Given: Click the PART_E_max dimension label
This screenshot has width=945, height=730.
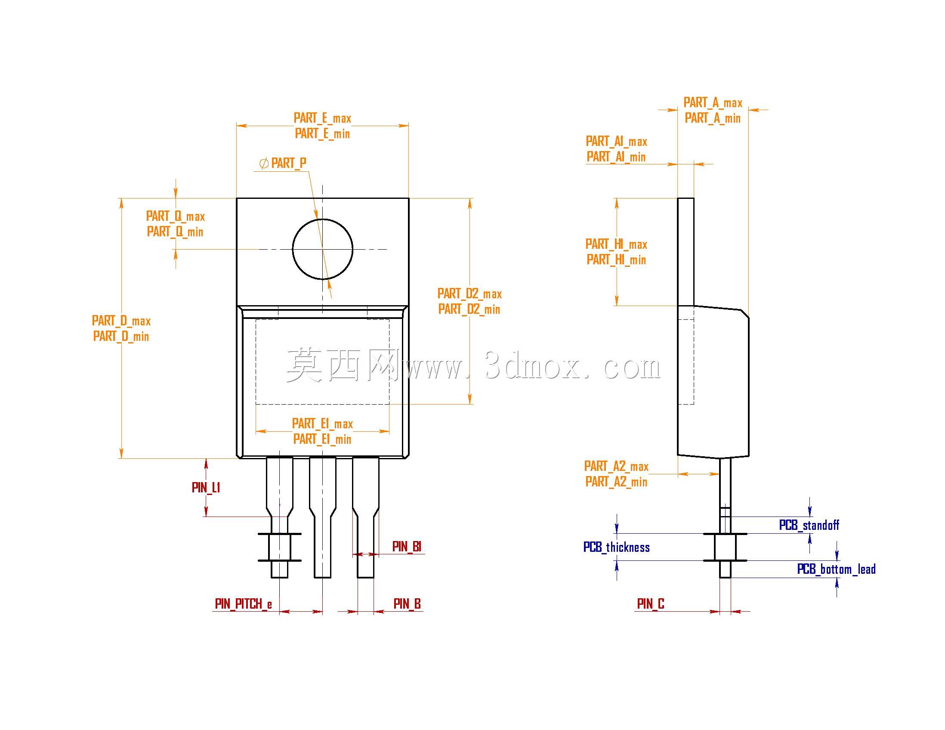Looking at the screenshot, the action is tap(322, 118).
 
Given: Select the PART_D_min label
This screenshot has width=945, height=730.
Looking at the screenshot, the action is tap(121, 336).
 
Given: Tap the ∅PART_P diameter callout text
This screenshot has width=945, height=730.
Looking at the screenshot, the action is tap(283, 163).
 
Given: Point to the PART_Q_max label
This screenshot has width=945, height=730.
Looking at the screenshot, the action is tap(175, 217).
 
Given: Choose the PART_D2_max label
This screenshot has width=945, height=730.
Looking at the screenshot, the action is tap(469, 294).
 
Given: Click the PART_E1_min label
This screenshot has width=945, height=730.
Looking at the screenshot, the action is tap(322, 439).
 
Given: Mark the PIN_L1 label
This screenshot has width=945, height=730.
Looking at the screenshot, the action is tap(206, 488).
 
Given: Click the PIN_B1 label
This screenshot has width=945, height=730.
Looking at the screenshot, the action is tap(407, 547).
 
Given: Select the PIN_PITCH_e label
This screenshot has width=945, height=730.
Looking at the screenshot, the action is tap(244, 603).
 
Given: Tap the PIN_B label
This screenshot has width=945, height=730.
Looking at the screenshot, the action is tap(407, 603).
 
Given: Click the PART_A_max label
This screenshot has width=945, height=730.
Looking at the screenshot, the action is tap(713, 102).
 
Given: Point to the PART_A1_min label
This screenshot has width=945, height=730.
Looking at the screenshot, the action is tap(616, 157).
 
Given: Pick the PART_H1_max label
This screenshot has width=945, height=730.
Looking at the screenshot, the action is tap(617, 244).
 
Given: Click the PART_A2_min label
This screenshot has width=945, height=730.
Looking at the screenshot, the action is tap(617, 482).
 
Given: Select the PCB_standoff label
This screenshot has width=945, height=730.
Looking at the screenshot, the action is tap(809, 525).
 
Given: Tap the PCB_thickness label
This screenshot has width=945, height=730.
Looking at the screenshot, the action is tap(617, 547).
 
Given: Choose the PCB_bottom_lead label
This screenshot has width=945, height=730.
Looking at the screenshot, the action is tap(837, 569).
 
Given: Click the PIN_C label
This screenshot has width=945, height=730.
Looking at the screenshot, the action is tap(651, 603).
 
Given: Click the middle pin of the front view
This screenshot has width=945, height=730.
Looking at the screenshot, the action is tap(323, 517).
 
